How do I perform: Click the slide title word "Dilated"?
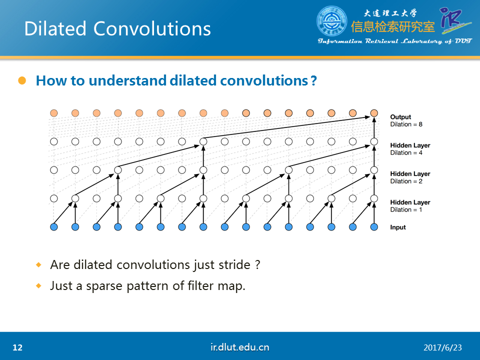[55, 29]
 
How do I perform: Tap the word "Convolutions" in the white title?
[152, 29]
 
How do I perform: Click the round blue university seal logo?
[332, 21]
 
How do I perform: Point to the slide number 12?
[17, 347]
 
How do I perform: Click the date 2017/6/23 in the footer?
[442, 348]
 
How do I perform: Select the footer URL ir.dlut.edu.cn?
[239, 347]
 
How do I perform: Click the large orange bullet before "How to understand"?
[22, 80]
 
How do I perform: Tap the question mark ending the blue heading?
[313, 81]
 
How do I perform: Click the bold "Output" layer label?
[400, 116]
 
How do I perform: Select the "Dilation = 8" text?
[406, 124]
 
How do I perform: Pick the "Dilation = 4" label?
[406, 153]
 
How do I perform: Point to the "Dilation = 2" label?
[406, 181]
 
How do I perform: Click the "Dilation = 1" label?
[406, 209]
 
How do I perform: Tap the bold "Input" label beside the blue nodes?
[398, 227]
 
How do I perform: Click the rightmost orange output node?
[374, 113]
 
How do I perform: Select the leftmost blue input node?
[54, 227]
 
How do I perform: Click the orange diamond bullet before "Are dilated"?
[38, 264]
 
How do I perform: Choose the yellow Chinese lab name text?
[393, 27]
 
